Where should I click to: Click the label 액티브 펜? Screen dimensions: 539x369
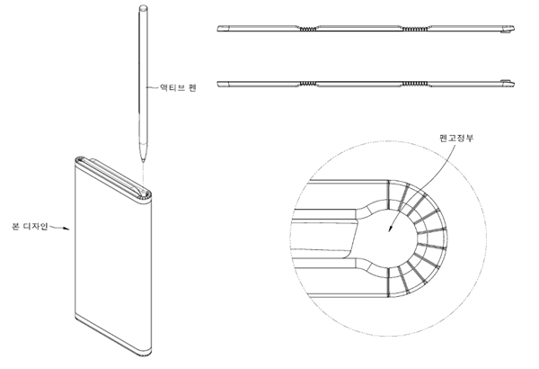pyautogui.click(x=178, y=87)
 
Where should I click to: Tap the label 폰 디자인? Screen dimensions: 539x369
pyautogui.click(x=30, y=227)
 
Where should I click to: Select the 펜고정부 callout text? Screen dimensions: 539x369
pyautogui.click(x=457, y=138)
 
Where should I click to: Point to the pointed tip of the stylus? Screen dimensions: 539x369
pyautogui.click(x=143, y=162)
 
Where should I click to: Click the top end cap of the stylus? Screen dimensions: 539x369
pyautogui.click(x=143, y=7)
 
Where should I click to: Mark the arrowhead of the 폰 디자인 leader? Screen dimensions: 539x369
pyautogui.click(x=67, y=229)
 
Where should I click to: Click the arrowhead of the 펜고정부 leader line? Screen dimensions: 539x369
pyautogui.click(x=390, y=229)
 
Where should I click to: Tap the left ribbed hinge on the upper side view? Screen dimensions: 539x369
pyautogui.click(x=307, y=29)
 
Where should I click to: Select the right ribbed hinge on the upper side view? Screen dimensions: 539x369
pyautogui.click(x=415, y=29)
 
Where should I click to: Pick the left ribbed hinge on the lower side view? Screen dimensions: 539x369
pyautogui.click(x=307, y=84)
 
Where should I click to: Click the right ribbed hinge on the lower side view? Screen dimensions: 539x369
pyautogui.click(x=415, y=84)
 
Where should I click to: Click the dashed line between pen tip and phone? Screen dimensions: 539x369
pyautogui.click(x=143, y=174)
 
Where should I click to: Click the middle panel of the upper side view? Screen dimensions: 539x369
pyautogui.click(x=359, y=28)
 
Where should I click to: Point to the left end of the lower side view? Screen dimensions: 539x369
pyautogui.click(x=218, y=84)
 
